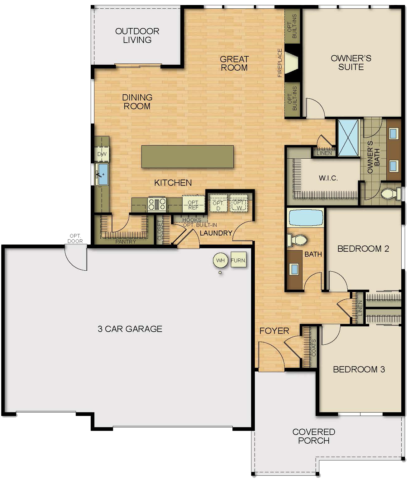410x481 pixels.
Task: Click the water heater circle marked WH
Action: (220, 260)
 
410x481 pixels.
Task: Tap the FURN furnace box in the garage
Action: (238, 260)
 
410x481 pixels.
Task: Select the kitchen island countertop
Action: (187, 156)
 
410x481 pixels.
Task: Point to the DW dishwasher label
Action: (102, 154)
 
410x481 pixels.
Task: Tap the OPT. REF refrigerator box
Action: (193, 205)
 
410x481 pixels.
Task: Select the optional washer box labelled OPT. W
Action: (239, 205)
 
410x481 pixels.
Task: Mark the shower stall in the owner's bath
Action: (349, 137)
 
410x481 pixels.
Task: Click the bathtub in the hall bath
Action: (306, 217)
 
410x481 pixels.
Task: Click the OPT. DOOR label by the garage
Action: (75, 238)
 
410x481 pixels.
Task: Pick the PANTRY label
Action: (126, 241)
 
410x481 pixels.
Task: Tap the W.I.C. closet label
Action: (328, 178)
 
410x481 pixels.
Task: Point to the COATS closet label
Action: (314, 348)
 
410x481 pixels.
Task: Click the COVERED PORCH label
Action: (314, 436)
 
